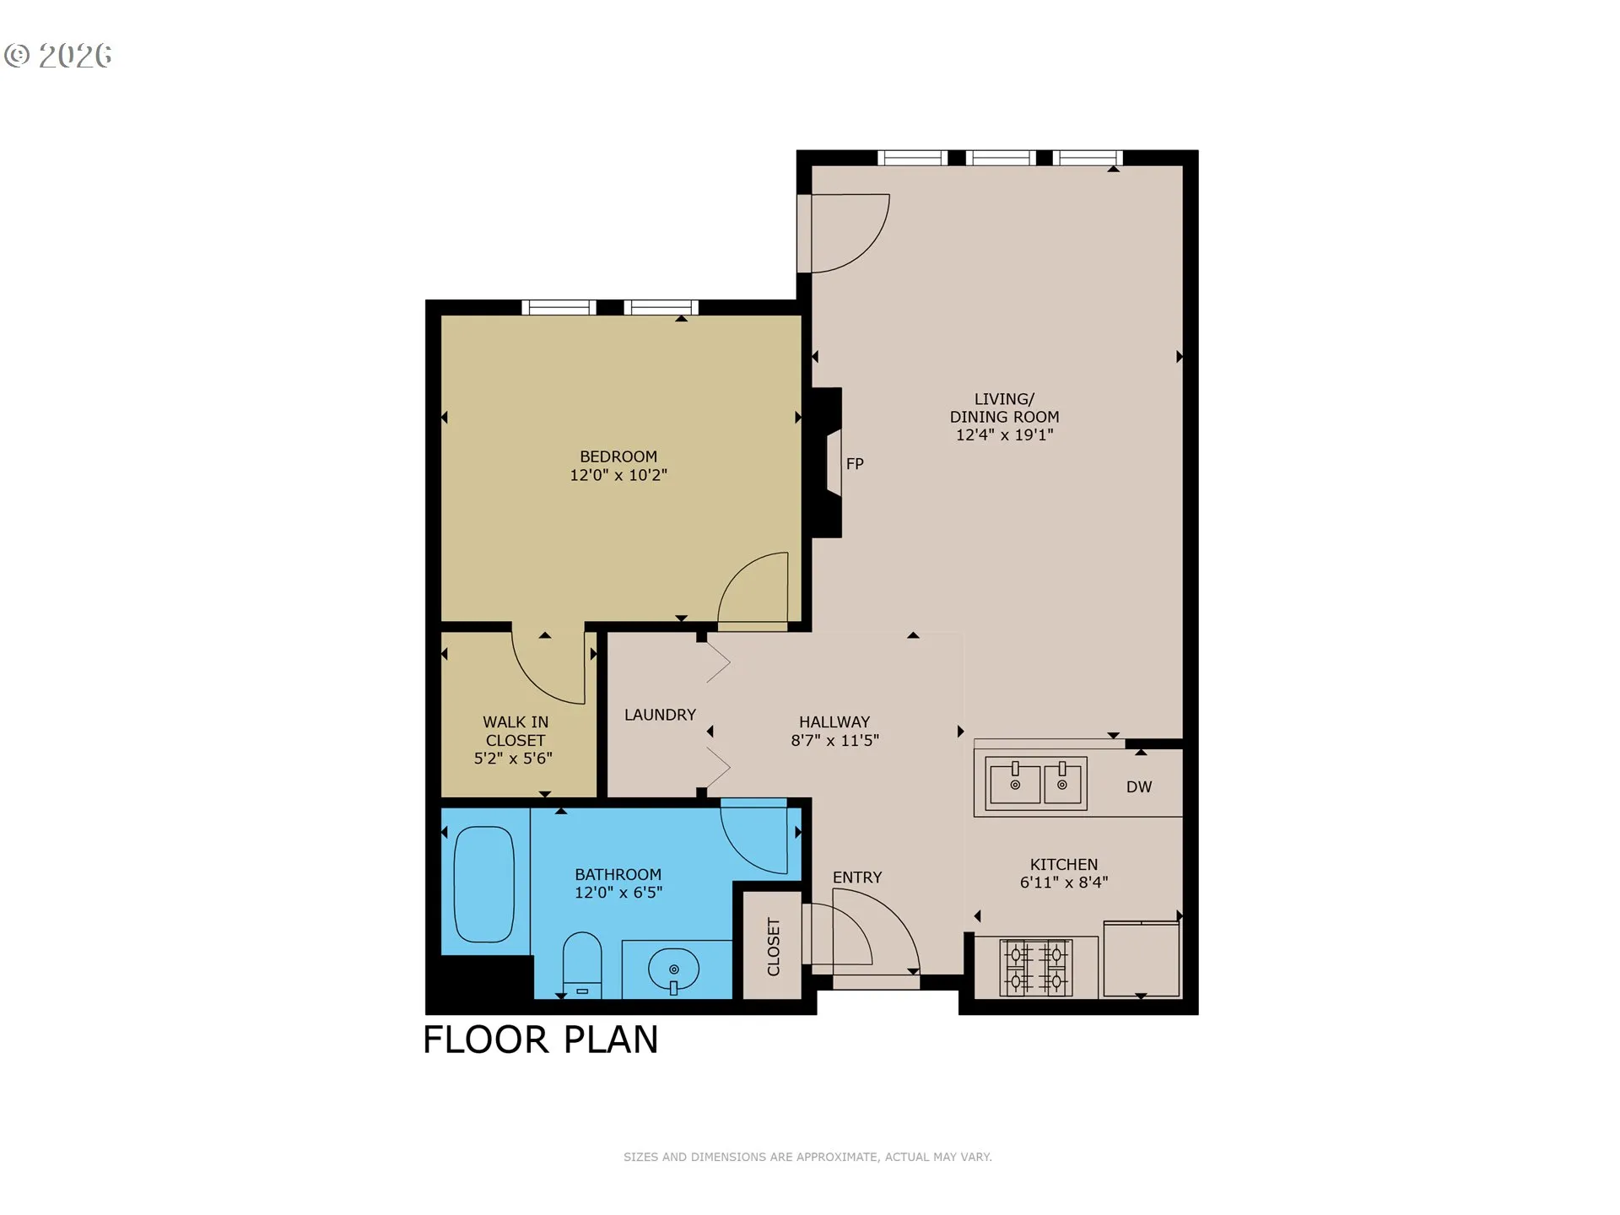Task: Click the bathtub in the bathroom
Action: [x=484, y=883]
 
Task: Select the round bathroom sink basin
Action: [x=673, y=969]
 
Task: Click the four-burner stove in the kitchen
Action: [x=1036, y=967]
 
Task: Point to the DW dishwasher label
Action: [x=1138, y=786]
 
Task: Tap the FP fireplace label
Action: [x=855, y=463]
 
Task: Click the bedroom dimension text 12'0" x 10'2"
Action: [x=618, y=475]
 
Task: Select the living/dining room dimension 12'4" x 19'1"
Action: [x=1004, y=435]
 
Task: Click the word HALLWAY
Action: [x=834, y=722]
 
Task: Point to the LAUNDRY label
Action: [x=660, y=715]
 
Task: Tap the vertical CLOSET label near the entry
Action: [x=774, y=947]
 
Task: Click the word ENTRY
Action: [x=857, y=877]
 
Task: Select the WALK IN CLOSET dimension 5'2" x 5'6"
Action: [x=513, y=759]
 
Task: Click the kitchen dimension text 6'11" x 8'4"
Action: [x=1064, y=883]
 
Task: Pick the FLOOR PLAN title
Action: [x=540, y=1039]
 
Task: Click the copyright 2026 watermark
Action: [x=57, y=56]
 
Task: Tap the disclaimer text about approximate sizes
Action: [x=807, y=1157]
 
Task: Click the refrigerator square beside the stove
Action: [x=1141, y=959]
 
